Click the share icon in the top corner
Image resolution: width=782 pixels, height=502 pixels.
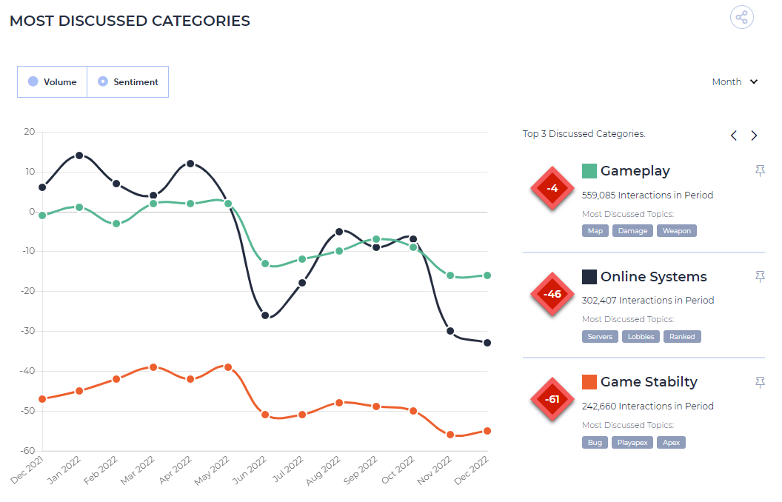741,18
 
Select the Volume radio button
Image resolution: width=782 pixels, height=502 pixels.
33,81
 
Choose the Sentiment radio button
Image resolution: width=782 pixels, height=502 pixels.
103,81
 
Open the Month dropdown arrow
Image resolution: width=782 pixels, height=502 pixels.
754,81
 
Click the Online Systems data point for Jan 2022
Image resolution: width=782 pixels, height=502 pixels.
79,155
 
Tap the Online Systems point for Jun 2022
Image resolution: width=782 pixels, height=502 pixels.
265,315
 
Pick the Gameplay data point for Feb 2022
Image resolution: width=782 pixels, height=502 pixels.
116,224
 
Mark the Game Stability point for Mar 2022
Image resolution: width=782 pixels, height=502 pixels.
153,367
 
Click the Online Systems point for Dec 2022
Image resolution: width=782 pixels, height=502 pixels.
487,343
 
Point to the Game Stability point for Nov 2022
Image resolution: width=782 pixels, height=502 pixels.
450,435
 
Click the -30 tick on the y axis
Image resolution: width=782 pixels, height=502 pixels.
28,331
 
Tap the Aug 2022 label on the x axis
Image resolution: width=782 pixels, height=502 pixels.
323,470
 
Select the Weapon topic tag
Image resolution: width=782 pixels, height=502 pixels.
677,231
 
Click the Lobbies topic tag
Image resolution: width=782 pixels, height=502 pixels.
641,336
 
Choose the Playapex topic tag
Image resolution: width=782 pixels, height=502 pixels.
632,442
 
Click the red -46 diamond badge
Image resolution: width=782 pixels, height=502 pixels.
552,294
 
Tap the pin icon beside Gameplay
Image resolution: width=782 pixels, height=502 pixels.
760,171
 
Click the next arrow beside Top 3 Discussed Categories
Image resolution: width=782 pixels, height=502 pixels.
754,135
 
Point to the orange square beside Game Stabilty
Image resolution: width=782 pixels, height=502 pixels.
589,382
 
